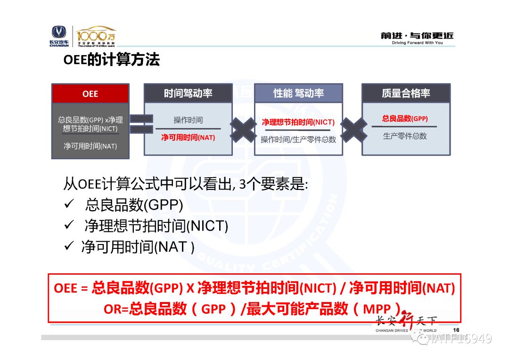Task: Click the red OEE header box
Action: click(90, 94)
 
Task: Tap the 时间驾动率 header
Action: click(188, 93)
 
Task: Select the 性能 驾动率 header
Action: click(298, 93)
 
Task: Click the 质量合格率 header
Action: click(406, 93)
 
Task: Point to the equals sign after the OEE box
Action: click(141, 123)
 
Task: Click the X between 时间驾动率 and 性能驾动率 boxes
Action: click(243, 130)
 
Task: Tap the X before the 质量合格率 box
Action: click(353, 130)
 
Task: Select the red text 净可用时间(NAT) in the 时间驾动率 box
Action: click(188, 138)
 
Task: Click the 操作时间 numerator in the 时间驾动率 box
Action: click(188, 120)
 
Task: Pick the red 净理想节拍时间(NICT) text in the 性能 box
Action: click(298, 123)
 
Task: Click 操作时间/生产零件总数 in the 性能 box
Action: click(298, 139)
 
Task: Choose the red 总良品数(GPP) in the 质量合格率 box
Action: click(405, 118)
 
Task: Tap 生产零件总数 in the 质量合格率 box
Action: click(405, 136)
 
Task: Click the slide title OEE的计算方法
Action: click(111, 60)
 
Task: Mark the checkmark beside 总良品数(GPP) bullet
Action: click(69, 204)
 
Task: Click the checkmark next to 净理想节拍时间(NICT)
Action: click(69, 224)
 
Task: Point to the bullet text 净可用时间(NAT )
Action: click(138, 247)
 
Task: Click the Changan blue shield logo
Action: click(59, 32)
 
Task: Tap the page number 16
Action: click(456, 330)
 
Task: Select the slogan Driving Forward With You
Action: click(417, 42)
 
